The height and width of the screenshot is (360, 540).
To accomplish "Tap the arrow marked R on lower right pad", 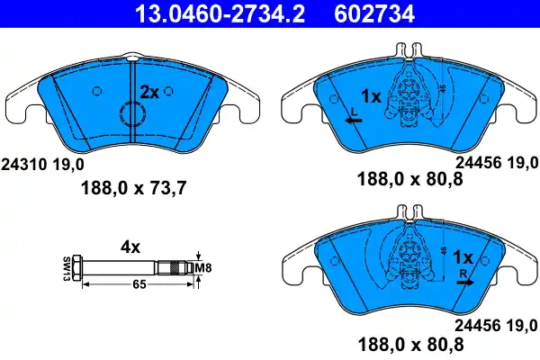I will click(464, 281).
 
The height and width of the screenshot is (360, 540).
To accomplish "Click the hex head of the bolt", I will click(79, 266).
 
